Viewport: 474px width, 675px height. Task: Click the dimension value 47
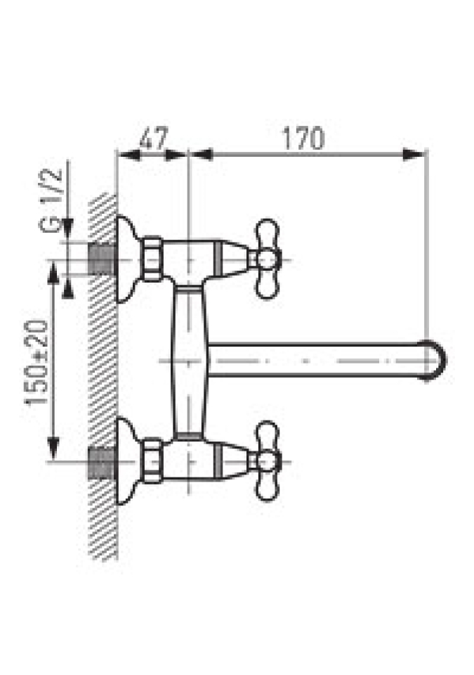click(153, 138)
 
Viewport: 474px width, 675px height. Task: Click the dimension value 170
click(303, 139)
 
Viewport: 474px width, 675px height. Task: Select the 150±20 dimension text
click(36, 363)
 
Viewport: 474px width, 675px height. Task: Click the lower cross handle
click(266, 461)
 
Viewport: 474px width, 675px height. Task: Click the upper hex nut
click(152, 259)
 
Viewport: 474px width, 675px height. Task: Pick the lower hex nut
click(152, 461)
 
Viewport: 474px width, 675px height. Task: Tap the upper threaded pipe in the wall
click(102, 259)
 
